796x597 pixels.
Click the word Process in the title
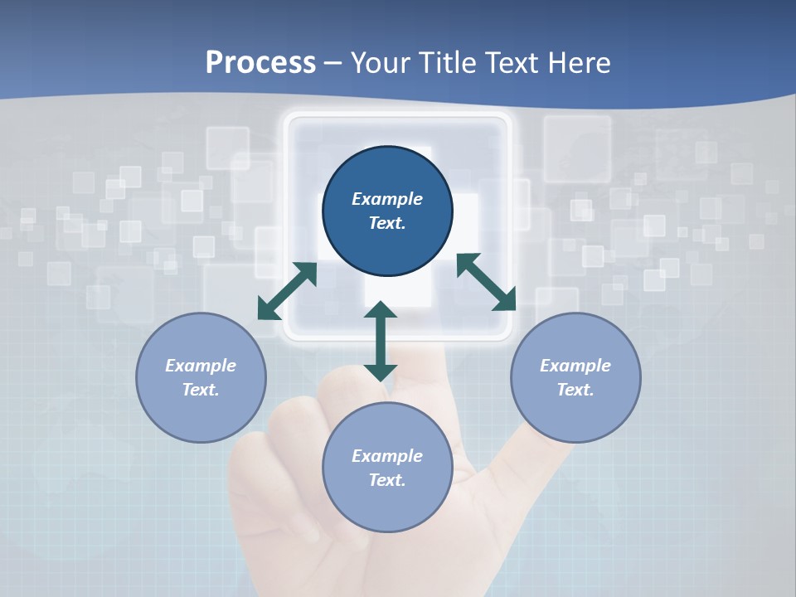tap(260, 63)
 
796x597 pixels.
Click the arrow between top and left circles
tap(287, 291)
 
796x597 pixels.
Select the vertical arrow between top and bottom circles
tap(381, 341)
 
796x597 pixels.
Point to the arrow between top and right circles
tap(486, 282)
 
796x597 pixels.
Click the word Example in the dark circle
tap(387, 199)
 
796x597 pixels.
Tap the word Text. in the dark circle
tap(387, 223)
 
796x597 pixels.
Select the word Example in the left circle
tap(201, 366)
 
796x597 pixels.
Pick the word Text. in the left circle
tap(201, 390)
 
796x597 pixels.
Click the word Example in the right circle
tap(575, 366)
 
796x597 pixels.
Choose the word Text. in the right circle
tap(575, 390)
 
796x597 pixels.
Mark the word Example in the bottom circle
tap(387, 456)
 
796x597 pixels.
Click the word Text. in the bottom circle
tap(387, 480)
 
